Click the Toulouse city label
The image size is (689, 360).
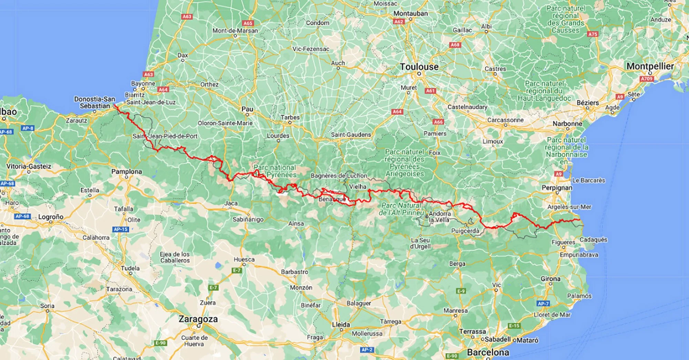pos(419,67)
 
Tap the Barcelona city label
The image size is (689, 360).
pos(488,353)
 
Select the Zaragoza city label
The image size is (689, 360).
pos(198,319)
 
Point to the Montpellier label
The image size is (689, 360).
pos(650,66)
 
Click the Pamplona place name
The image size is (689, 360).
pos(126,172)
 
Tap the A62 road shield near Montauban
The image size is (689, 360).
pos(399,21)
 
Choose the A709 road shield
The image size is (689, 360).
pos(647,79)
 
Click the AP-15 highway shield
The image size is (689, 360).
pos(121,229)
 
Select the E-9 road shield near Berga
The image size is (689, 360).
pos(461,291)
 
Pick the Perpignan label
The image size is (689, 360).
pos(557,188)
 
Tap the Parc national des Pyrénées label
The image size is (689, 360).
pos(275,171)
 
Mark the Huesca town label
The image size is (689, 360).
pos(244,259)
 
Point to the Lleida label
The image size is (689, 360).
pos(341,325)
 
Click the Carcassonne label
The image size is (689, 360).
pos(505,120)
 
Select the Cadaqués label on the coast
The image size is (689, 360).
pos(593,240)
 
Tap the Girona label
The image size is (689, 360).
pos(550,279)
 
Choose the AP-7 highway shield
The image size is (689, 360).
pos(543,304)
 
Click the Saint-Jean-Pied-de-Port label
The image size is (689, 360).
pos(165,136)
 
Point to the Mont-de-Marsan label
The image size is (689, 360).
pos(235,31)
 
